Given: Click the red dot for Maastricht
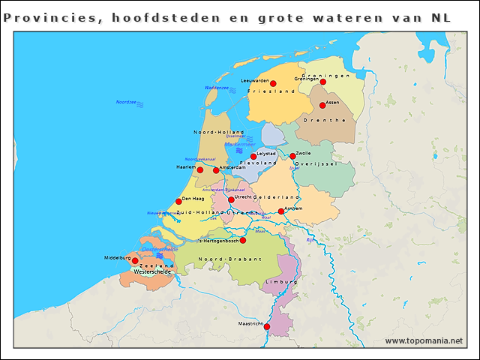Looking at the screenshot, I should (x=267, y=326).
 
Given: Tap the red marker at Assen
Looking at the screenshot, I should (x=322, y=105).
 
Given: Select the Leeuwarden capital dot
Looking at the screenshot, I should (x=273, y=83).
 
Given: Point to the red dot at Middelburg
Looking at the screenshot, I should (x=135, y=260).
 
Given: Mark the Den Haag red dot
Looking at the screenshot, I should (x=178, y=201).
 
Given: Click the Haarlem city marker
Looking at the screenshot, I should (x=199, y=169).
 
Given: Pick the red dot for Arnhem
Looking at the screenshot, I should (x=281, y=211).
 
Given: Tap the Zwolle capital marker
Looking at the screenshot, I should (x=292, y=156).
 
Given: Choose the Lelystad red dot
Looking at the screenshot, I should (x=253, y=156).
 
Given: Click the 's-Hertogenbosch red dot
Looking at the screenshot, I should (x=243, y=240).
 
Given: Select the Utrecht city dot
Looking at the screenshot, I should (x=231, y=199).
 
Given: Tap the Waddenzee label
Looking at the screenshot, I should (x=216, y=88).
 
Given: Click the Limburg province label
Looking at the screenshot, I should (x=282, y=282).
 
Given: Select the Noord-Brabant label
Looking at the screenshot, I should (x=229, y=259).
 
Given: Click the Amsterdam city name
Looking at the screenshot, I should (x=232, y=167).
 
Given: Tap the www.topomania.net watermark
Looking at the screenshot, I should (x=424, y=340).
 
